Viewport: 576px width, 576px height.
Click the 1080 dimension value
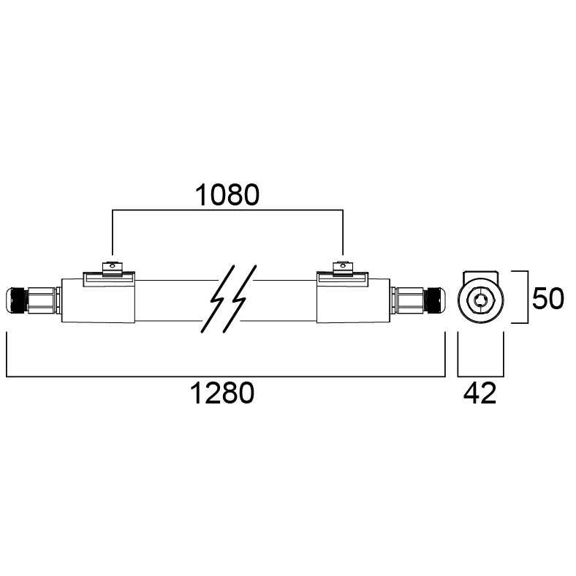click(227, 195)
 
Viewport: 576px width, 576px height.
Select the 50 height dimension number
click(547, 298)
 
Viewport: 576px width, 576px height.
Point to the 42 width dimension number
click(480, 394)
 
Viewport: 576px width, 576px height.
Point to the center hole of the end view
click(480, 299)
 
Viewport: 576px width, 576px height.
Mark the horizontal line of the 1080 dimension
click(227, 211)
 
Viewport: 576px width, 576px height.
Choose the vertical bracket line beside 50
click(527, 297)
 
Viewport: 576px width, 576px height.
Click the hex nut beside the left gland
click(44, 299)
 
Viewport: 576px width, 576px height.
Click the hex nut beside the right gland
click(408, 299)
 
